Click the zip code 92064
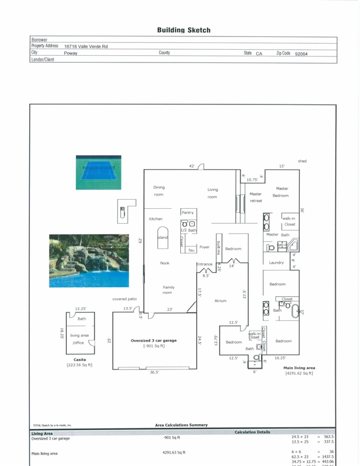[x=301, y=53]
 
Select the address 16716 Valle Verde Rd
[x=86, y=47]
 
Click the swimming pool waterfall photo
[x=89, y=261]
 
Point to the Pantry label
[x=188, y=212]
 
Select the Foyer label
[x=205, y=247]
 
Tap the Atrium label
[x=220, y=300]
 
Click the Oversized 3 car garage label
[x=154, y=341]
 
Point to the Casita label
[x=80, y=360]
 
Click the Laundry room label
[x=276, y=263]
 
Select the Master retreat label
[x=256, y=197]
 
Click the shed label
[x=302, y=161]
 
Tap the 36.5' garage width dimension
[x=154, y=372]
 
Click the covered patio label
[x=124, y=299]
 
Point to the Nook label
[x=165, y=263]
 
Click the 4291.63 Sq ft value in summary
[x=174, y=452]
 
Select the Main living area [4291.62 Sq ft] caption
[x=299, y=371]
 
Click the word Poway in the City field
[x=70, y=53]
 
